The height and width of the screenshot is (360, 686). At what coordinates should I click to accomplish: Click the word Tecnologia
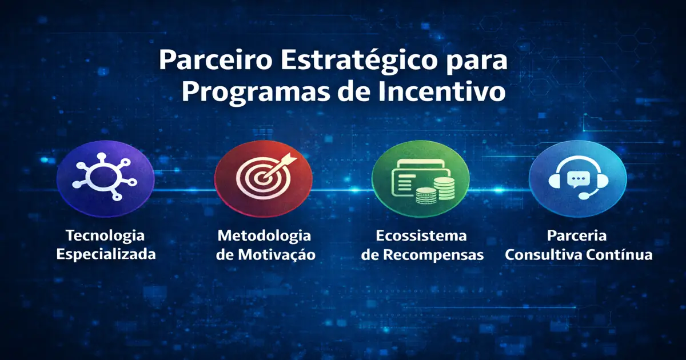tap(106, 235)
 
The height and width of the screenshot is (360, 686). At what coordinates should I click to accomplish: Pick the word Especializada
tap(106, 254)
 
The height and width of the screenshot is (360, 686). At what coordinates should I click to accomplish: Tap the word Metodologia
tap(264, 235)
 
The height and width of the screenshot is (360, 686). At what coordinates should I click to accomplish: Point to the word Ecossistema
tap(421, 235)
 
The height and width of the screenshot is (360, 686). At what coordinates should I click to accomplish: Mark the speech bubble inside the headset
tap(577, 179)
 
